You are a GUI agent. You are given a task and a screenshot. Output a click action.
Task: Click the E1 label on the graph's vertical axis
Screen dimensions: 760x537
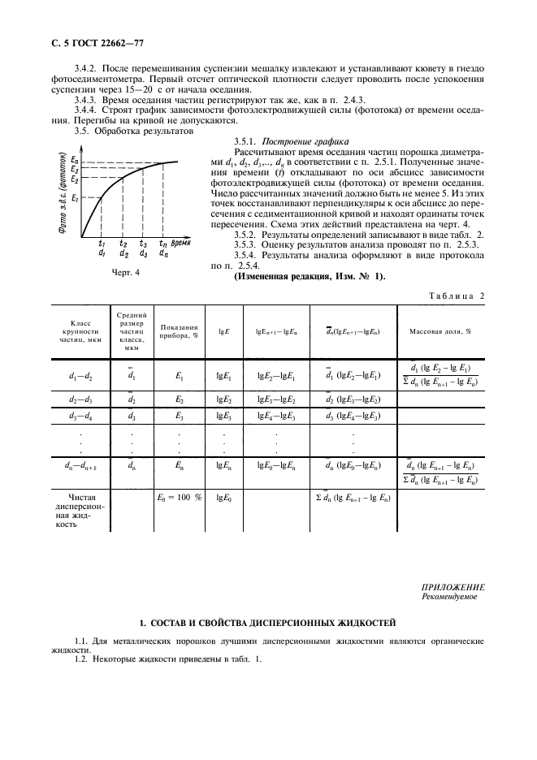(x=74, y=198)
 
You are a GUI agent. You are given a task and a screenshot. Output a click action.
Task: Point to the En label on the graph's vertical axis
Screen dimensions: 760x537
(x=75, y=160)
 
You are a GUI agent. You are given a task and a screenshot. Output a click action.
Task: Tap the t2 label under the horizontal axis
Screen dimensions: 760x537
(x=123, y=243)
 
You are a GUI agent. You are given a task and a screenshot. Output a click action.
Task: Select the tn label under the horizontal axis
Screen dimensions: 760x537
(x=163, y=243)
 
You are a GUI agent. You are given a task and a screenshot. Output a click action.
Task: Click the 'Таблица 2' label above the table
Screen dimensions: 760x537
(x=455, y=296)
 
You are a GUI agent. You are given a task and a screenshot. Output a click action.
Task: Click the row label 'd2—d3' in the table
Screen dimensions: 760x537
(x=79, y=400)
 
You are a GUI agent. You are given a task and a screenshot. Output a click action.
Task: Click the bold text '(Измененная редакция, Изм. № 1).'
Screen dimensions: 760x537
(x=310, y=276)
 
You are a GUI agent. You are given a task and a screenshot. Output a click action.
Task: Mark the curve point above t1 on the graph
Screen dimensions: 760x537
(x=102, y=198)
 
